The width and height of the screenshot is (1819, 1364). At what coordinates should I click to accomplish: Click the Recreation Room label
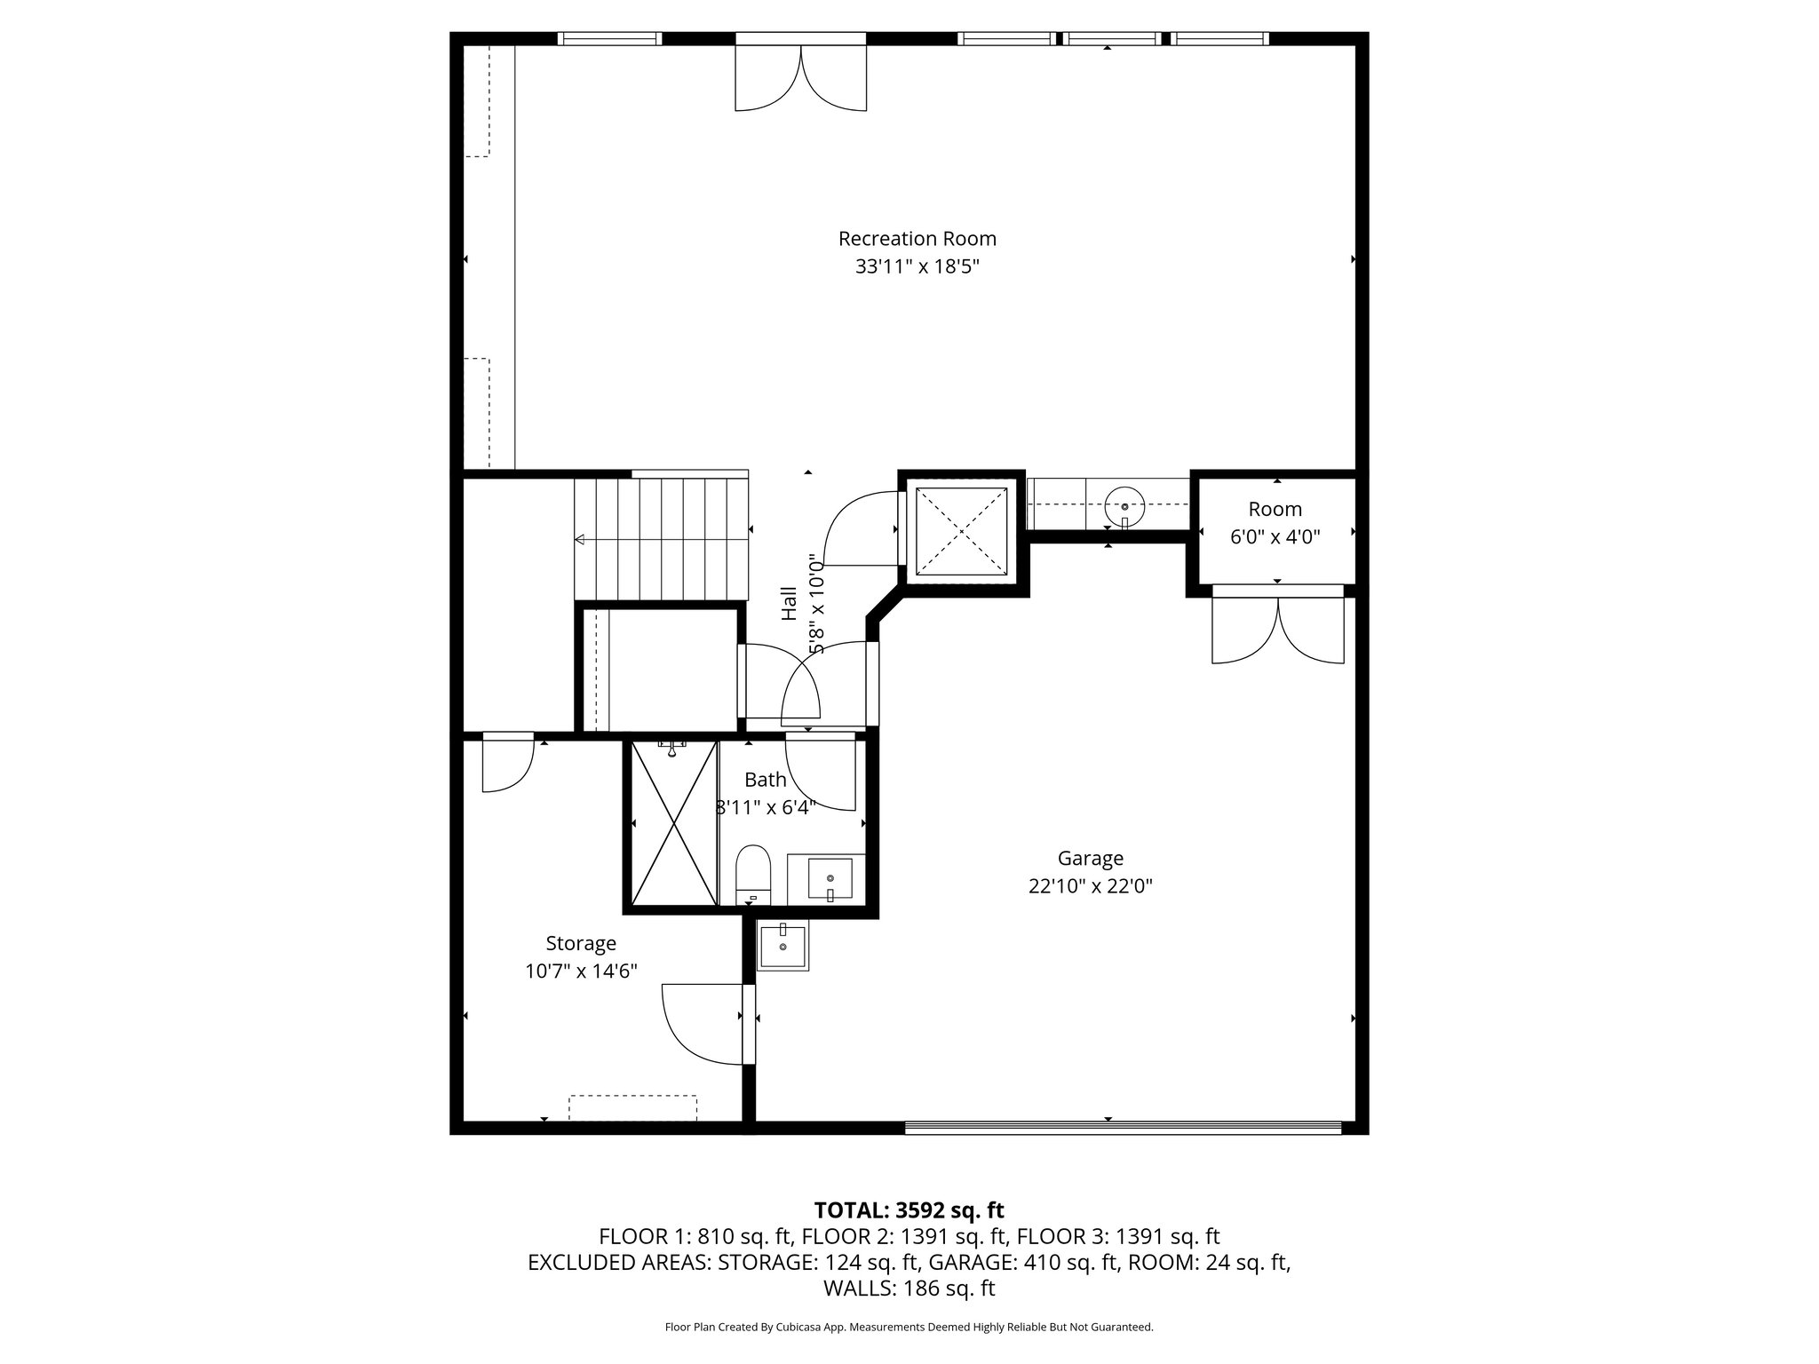point(917,239)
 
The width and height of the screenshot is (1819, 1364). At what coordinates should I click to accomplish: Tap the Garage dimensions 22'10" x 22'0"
point(1091,885)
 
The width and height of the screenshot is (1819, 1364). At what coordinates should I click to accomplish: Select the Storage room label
point(581,944)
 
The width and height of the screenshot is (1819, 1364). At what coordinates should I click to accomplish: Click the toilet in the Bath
point(753,874)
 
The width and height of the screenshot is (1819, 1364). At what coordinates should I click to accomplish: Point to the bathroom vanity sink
point(830,879)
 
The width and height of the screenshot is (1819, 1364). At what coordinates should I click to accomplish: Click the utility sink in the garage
point(783,947)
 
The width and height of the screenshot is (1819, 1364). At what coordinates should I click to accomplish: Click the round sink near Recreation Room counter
point(1124,507)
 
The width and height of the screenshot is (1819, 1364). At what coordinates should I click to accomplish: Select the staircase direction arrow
point(662,539)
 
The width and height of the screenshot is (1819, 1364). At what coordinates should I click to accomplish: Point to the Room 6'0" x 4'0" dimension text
point(1275,537)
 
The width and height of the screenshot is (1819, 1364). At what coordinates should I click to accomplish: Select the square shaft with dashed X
point(962,531)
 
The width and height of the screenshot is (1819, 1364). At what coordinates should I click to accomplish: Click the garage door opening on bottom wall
point(1123,1128)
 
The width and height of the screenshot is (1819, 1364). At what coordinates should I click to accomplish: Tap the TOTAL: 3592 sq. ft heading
point(909,1209)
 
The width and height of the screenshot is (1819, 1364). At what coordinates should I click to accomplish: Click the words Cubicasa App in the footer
point(804,1328)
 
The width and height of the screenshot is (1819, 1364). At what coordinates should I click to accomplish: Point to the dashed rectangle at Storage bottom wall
point(633,1107)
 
